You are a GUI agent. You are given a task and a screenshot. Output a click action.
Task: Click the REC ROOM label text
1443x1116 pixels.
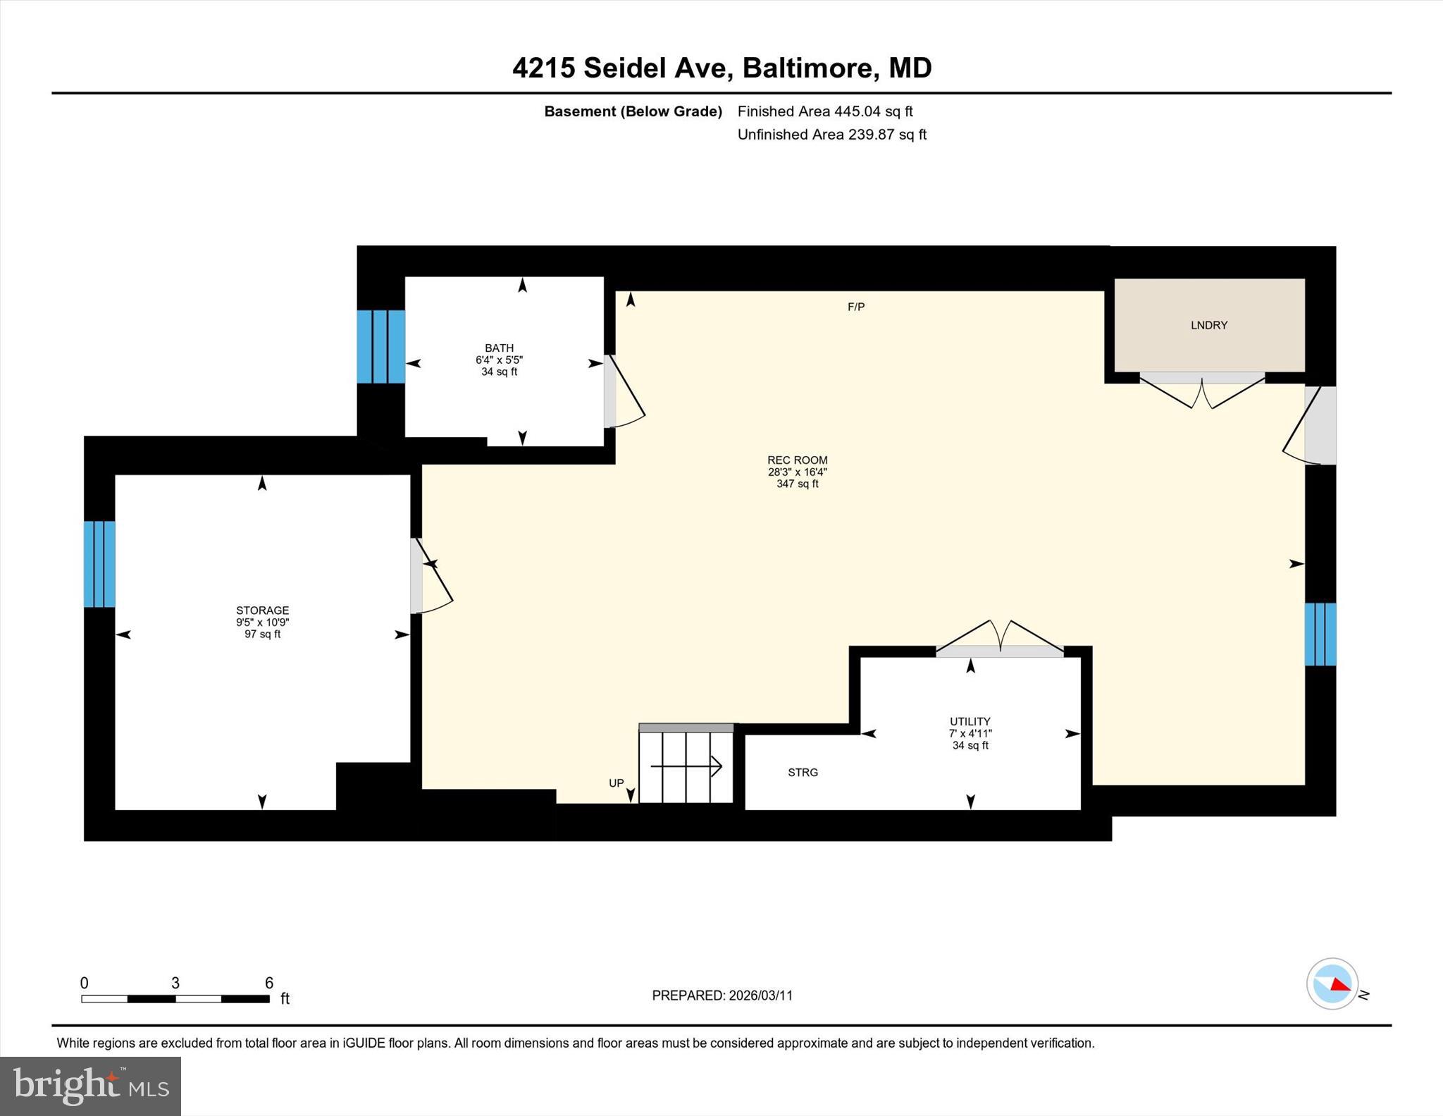pos(797,460)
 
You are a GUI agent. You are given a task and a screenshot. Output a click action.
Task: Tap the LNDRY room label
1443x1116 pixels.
pos(1208,325)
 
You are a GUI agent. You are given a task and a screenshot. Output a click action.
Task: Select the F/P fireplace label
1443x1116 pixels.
pos(855,307)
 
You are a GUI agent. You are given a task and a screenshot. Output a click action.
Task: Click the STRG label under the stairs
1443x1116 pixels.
pos(803,773)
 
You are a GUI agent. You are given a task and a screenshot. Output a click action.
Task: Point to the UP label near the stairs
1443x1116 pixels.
pos(616,783)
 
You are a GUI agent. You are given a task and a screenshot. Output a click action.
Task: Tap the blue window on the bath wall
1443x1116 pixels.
pos(380,347)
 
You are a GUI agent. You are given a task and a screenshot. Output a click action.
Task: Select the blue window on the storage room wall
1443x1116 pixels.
pos(99,564)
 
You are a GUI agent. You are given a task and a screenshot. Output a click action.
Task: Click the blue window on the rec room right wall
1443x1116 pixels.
pos(1320,634)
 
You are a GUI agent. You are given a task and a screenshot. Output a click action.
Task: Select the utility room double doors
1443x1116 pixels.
pos(999,637)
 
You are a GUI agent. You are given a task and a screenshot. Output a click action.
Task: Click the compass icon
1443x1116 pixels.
pos(1332,983)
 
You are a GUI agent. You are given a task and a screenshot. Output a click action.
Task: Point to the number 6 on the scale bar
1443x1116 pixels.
pos(268,983)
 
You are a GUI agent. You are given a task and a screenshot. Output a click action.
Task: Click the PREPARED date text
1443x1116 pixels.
pos(721,995)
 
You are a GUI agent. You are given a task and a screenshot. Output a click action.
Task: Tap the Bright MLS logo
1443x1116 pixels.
pos(90,1086)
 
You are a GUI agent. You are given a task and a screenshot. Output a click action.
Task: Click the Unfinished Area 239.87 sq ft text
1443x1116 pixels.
pos(831,135)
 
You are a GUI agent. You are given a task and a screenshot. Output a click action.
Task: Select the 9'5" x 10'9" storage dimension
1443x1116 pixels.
pos(262,623)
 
